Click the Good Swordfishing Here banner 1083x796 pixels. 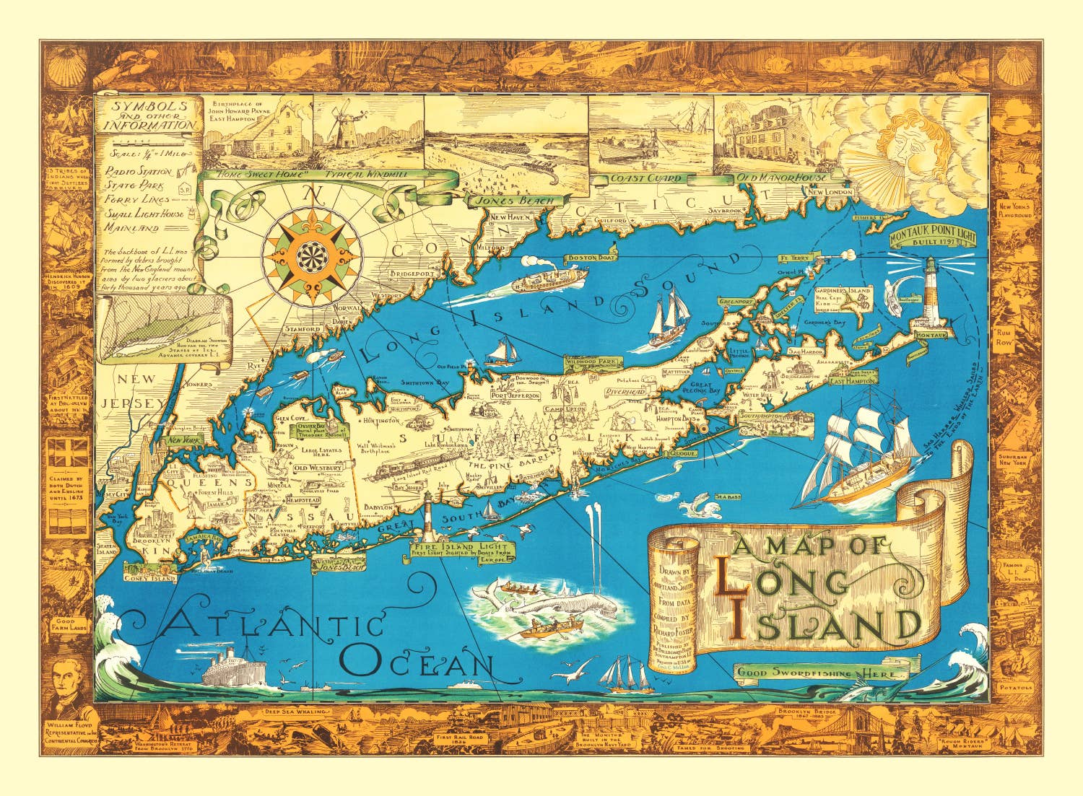822,673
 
